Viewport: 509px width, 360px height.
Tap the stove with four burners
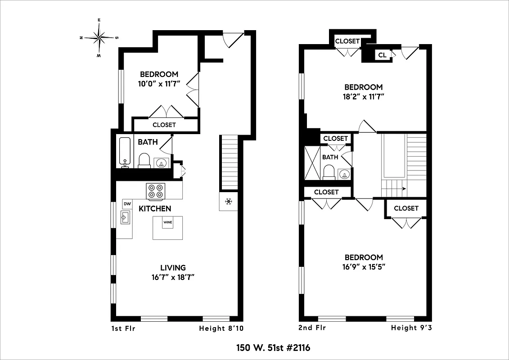(x=156, y=191)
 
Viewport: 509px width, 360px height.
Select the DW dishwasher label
(x=127, y=204)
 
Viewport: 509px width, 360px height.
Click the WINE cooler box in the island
(x=168, y=222)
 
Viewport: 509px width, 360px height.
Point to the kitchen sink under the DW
(x=125, y=218)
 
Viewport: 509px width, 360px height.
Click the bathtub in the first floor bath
(x=125, y=152)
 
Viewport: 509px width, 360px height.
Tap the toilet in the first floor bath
(x=144, y=161)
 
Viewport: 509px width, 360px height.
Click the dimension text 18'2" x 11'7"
(x=363, y=96)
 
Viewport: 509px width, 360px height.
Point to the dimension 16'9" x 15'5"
(x=364, y=266)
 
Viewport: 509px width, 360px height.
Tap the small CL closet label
(x=382, y=55)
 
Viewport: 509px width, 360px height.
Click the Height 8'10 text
(x=221, y=328)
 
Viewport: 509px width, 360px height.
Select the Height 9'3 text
(x=411, y=328)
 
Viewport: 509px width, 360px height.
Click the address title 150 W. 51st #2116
(x=273, y=348)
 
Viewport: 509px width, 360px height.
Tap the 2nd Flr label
(x=312, y=328)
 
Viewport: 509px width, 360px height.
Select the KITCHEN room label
(x=154, y=208)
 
